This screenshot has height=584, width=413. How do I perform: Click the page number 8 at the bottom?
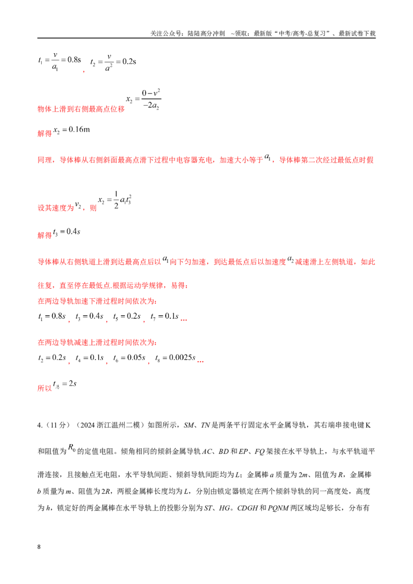tap(39, 547)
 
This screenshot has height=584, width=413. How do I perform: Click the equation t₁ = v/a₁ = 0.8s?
tap(59, 61)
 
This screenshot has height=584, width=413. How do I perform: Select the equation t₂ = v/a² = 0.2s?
tap(113, 62)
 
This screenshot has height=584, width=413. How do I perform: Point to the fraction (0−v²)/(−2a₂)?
tap(151, 99)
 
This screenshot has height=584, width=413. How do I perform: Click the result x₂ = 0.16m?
tap(72, 130)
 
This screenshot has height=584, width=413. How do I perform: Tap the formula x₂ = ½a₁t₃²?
tap(115, 200)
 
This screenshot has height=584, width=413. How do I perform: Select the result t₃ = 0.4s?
tap(67, 232)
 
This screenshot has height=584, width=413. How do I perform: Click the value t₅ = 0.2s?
tap(126, 317)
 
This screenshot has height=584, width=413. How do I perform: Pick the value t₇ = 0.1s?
tap(164, 317)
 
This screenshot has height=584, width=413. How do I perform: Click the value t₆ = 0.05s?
tap(130, 358)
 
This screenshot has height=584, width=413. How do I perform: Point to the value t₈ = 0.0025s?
tap(175, 358)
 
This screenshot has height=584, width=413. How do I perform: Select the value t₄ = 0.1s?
tap(89, 358)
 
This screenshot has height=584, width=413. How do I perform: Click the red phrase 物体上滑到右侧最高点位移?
tap(81, 109)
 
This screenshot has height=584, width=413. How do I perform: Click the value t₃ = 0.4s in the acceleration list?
tap(89, 317)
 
